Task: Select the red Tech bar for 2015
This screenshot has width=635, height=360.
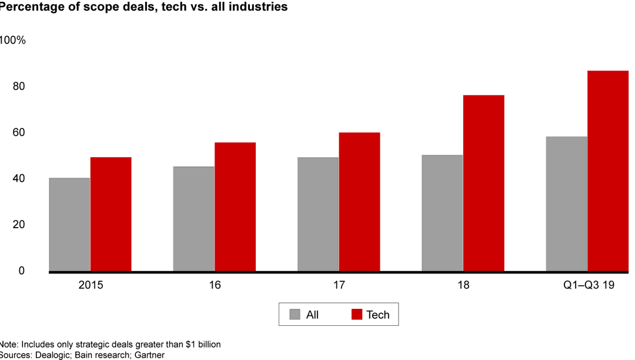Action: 111,214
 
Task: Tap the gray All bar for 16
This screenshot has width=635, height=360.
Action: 193,219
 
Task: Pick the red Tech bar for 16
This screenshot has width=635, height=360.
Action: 235,206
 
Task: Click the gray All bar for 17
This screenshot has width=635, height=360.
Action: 318,214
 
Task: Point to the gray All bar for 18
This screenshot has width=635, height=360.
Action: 442,213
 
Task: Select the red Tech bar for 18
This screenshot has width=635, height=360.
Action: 483,183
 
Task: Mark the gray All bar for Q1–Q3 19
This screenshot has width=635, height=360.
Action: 566,204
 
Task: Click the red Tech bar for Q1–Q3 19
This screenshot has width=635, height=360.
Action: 608,171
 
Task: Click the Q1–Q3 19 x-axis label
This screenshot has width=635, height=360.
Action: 587,285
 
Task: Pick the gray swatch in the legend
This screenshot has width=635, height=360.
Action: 295,315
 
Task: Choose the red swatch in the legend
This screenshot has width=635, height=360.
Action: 356,315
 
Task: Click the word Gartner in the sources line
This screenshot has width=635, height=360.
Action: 149,355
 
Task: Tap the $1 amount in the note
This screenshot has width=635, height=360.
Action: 181,344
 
